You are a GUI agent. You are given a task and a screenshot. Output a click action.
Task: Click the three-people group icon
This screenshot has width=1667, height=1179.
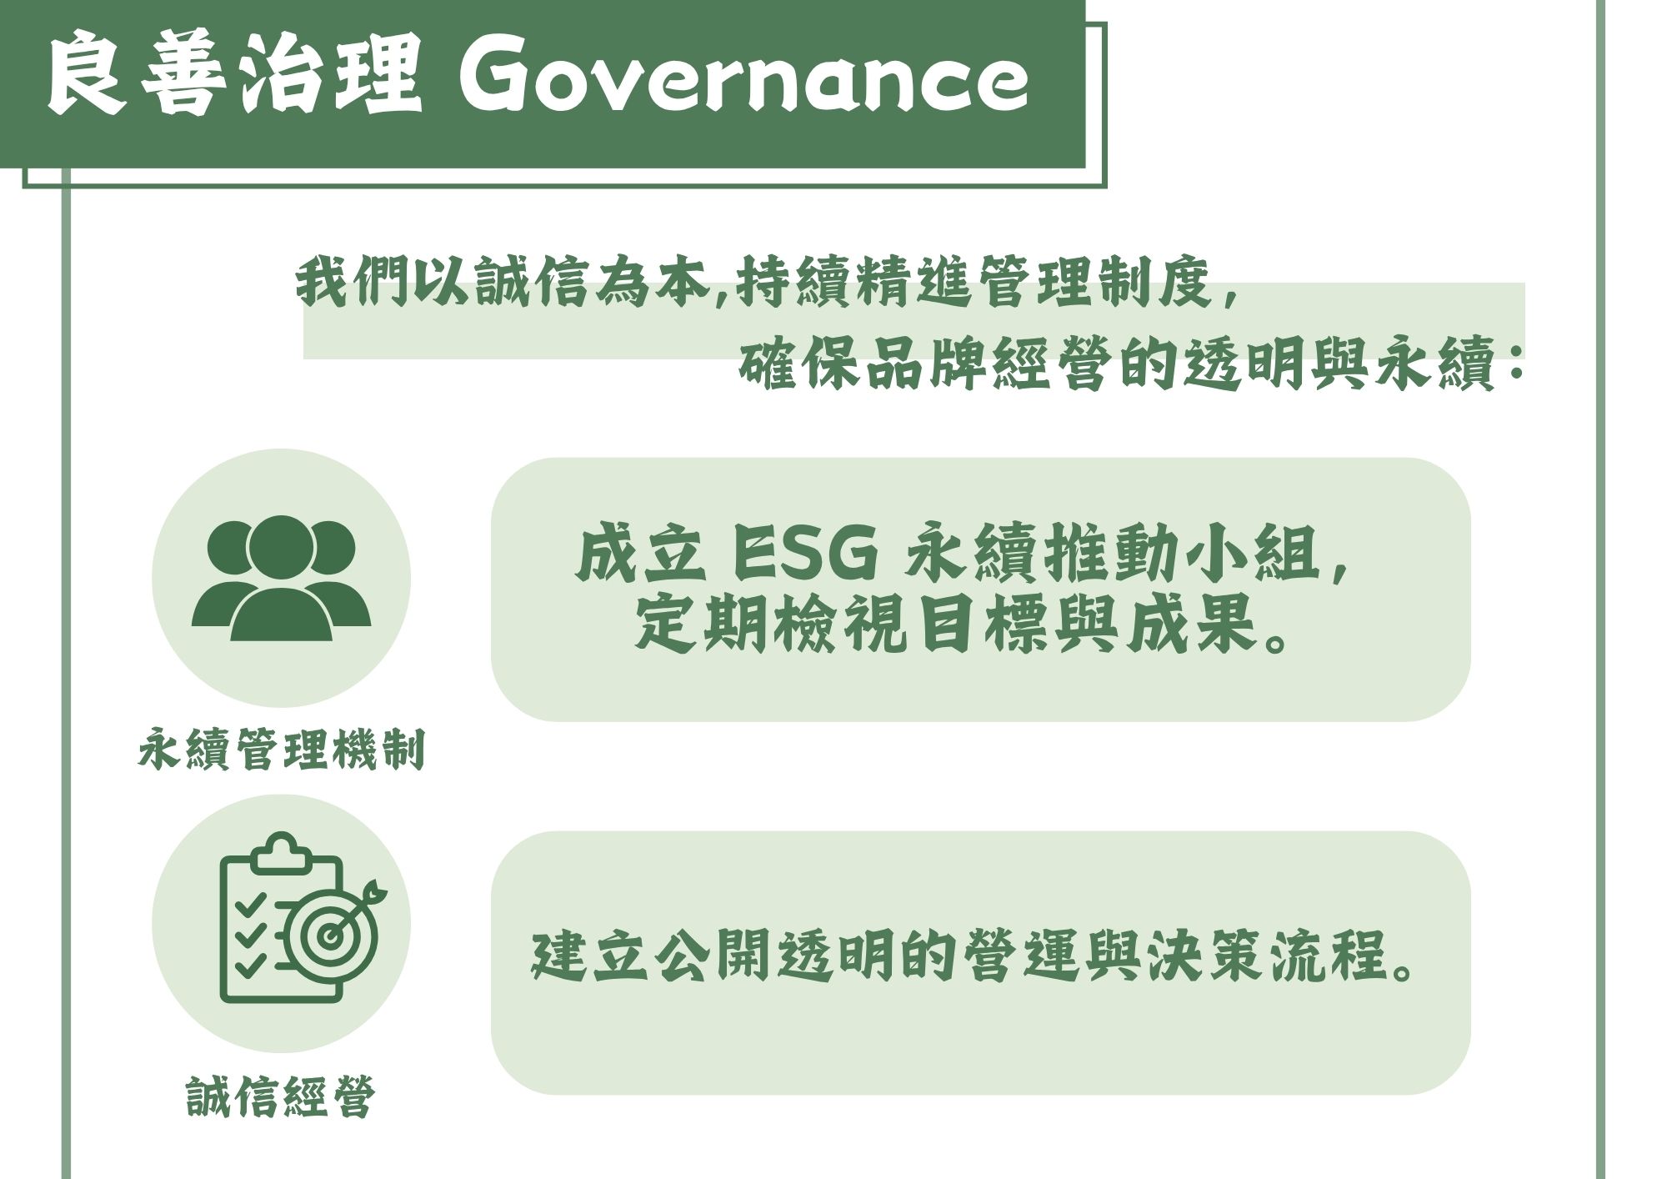[x=281, y=578]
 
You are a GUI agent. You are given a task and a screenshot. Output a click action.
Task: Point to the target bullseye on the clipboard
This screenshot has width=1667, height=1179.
[x=331, y=935]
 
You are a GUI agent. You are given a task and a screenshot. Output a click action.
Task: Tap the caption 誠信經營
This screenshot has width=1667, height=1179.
[x=281, y=1096]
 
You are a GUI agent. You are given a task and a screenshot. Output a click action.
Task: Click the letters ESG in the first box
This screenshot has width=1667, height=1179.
[x=805, y=554]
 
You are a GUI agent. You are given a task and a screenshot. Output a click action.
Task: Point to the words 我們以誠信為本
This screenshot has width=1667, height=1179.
[x=502, y=282]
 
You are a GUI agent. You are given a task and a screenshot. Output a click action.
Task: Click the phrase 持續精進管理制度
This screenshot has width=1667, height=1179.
[x=974, y=282]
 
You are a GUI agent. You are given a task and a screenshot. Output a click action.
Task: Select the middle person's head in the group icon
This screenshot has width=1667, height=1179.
[x=281, y=548]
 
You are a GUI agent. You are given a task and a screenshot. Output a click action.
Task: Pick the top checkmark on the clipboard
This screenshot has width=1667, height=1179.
[x=250, y=904]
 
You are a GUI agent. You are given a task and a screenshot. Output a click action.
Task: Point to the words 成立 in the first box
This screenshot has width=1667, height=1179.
[x=639, y=554]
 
